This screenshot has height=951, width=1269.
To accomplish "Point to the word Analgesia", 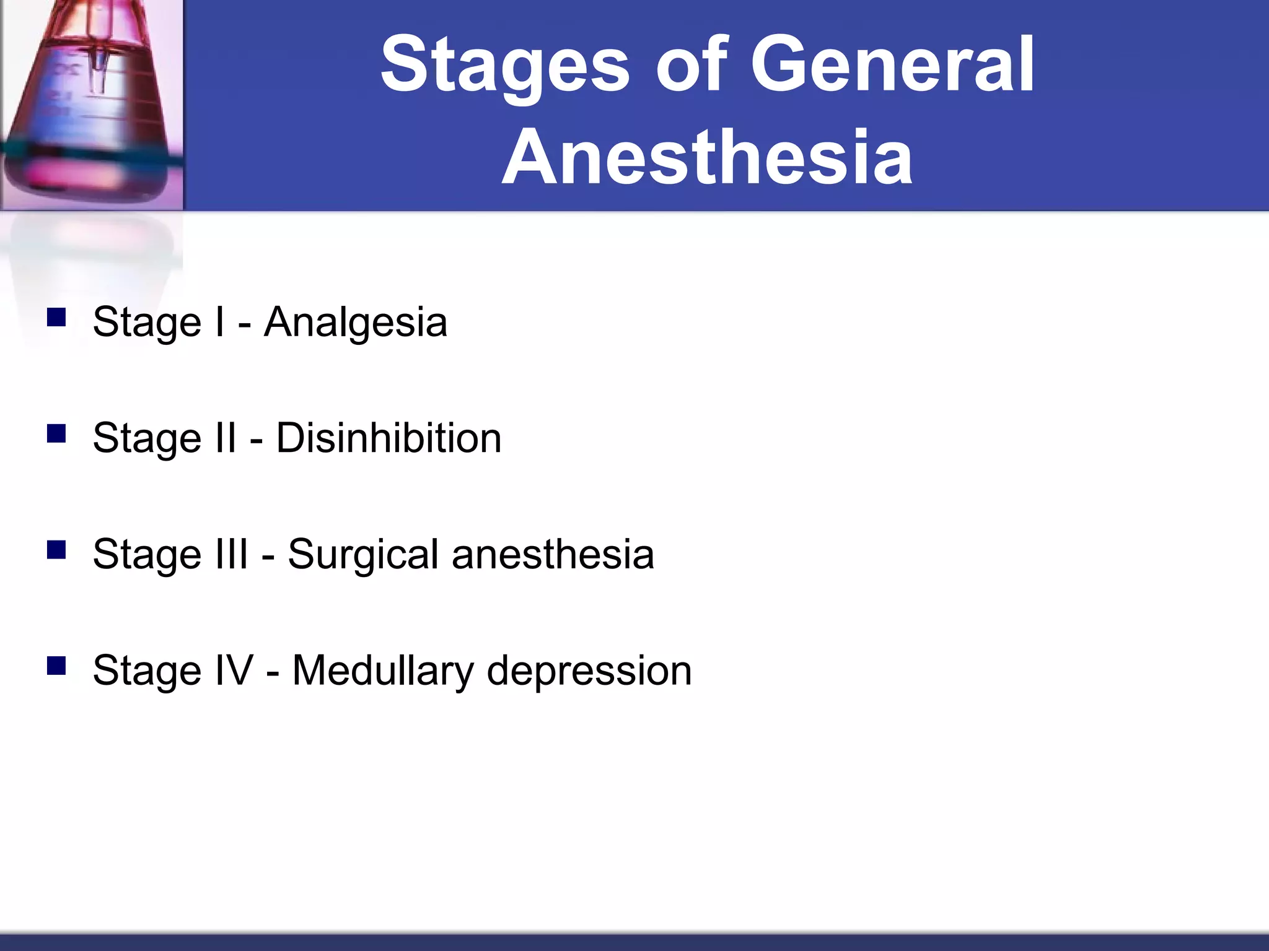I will pos(355,322).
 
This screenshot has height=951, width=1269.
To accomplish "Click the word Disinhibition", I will pos(389,438).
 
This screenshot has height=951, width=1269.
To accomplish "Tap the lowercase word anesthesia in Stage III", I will pos(553,554).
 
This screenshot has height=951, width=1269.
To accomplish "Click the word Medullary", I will pos(383,671).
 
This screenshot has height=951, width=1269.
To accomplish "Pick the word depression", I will pos(589,671).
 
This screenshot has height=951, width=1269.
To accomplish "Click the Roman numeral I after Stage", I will pos(219,322).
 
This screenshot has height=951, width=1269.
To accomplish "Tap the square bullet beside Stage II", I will pos(56,433).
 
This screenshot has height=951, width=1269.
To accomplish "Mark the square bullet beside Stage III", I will pos(56,549).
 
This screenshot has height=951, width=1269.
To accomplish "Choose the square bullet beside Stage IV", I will pos(56,666).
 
